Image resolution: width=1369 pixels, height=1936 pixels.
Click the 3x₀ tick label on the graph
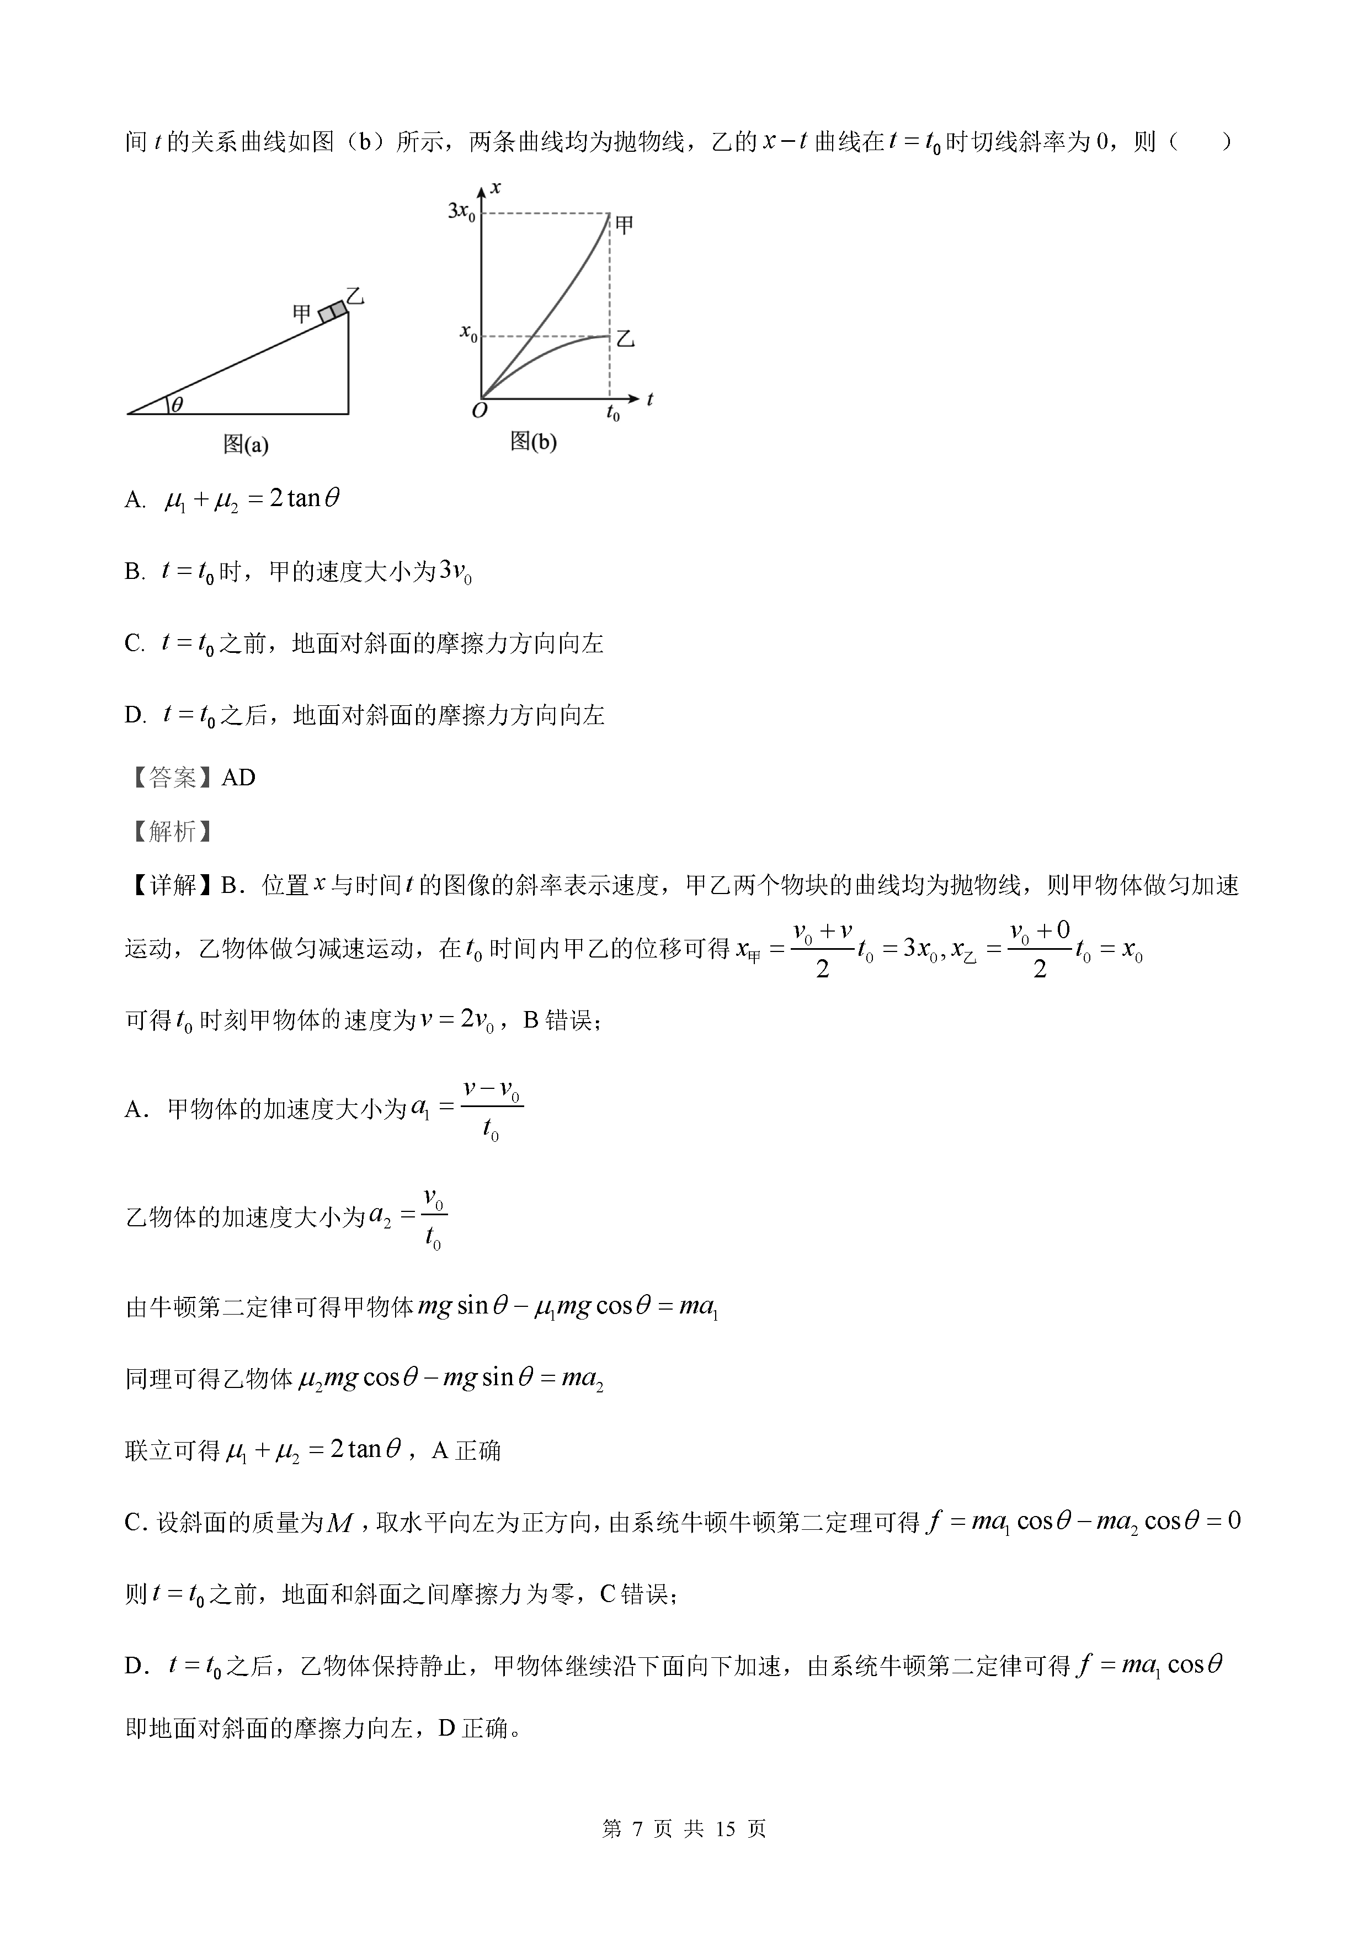[x=461, y=211]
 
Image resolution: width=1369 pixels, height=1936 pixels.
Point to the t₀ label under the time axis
[x=613, y=413]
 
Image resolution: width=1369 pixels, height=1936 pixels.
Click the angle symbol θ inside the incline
[x=177, y=405]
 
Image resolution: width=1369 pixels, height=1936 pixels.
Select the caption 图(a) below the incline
[x=246, y=444]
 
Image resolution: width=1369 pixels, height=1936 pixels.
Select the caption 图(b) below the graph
[x=533, y=441]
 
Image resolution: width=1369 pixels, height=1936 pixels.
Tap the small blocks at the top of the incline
[x=333, y=311]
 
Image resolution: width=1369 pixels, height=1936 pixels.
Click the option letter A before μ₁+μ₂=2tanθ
[x=135, y=500]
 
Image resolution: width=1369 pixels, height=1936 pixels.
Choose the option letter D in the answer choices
[x=135, y=716]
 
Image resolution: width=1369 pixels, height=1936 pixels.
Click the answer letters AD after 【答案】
[x=238, y=778]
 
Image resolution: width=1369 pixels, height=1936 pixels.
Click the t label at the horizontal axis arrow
[x=650, y=399]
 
